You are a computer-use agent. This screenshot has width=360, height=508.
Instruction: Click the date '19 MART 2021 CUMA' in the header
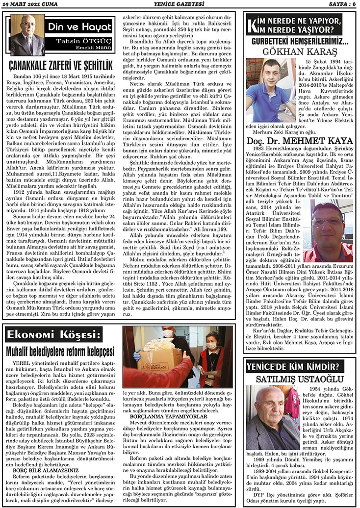tap(31, 5)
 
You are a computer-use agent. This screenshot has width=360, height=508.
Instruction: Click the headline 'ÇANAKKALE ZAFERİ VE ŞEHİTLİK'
tap(61, 65)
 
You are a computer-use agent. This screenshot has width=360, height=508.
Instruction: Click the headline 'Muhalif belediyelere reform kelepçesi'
tap(60, 352)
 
